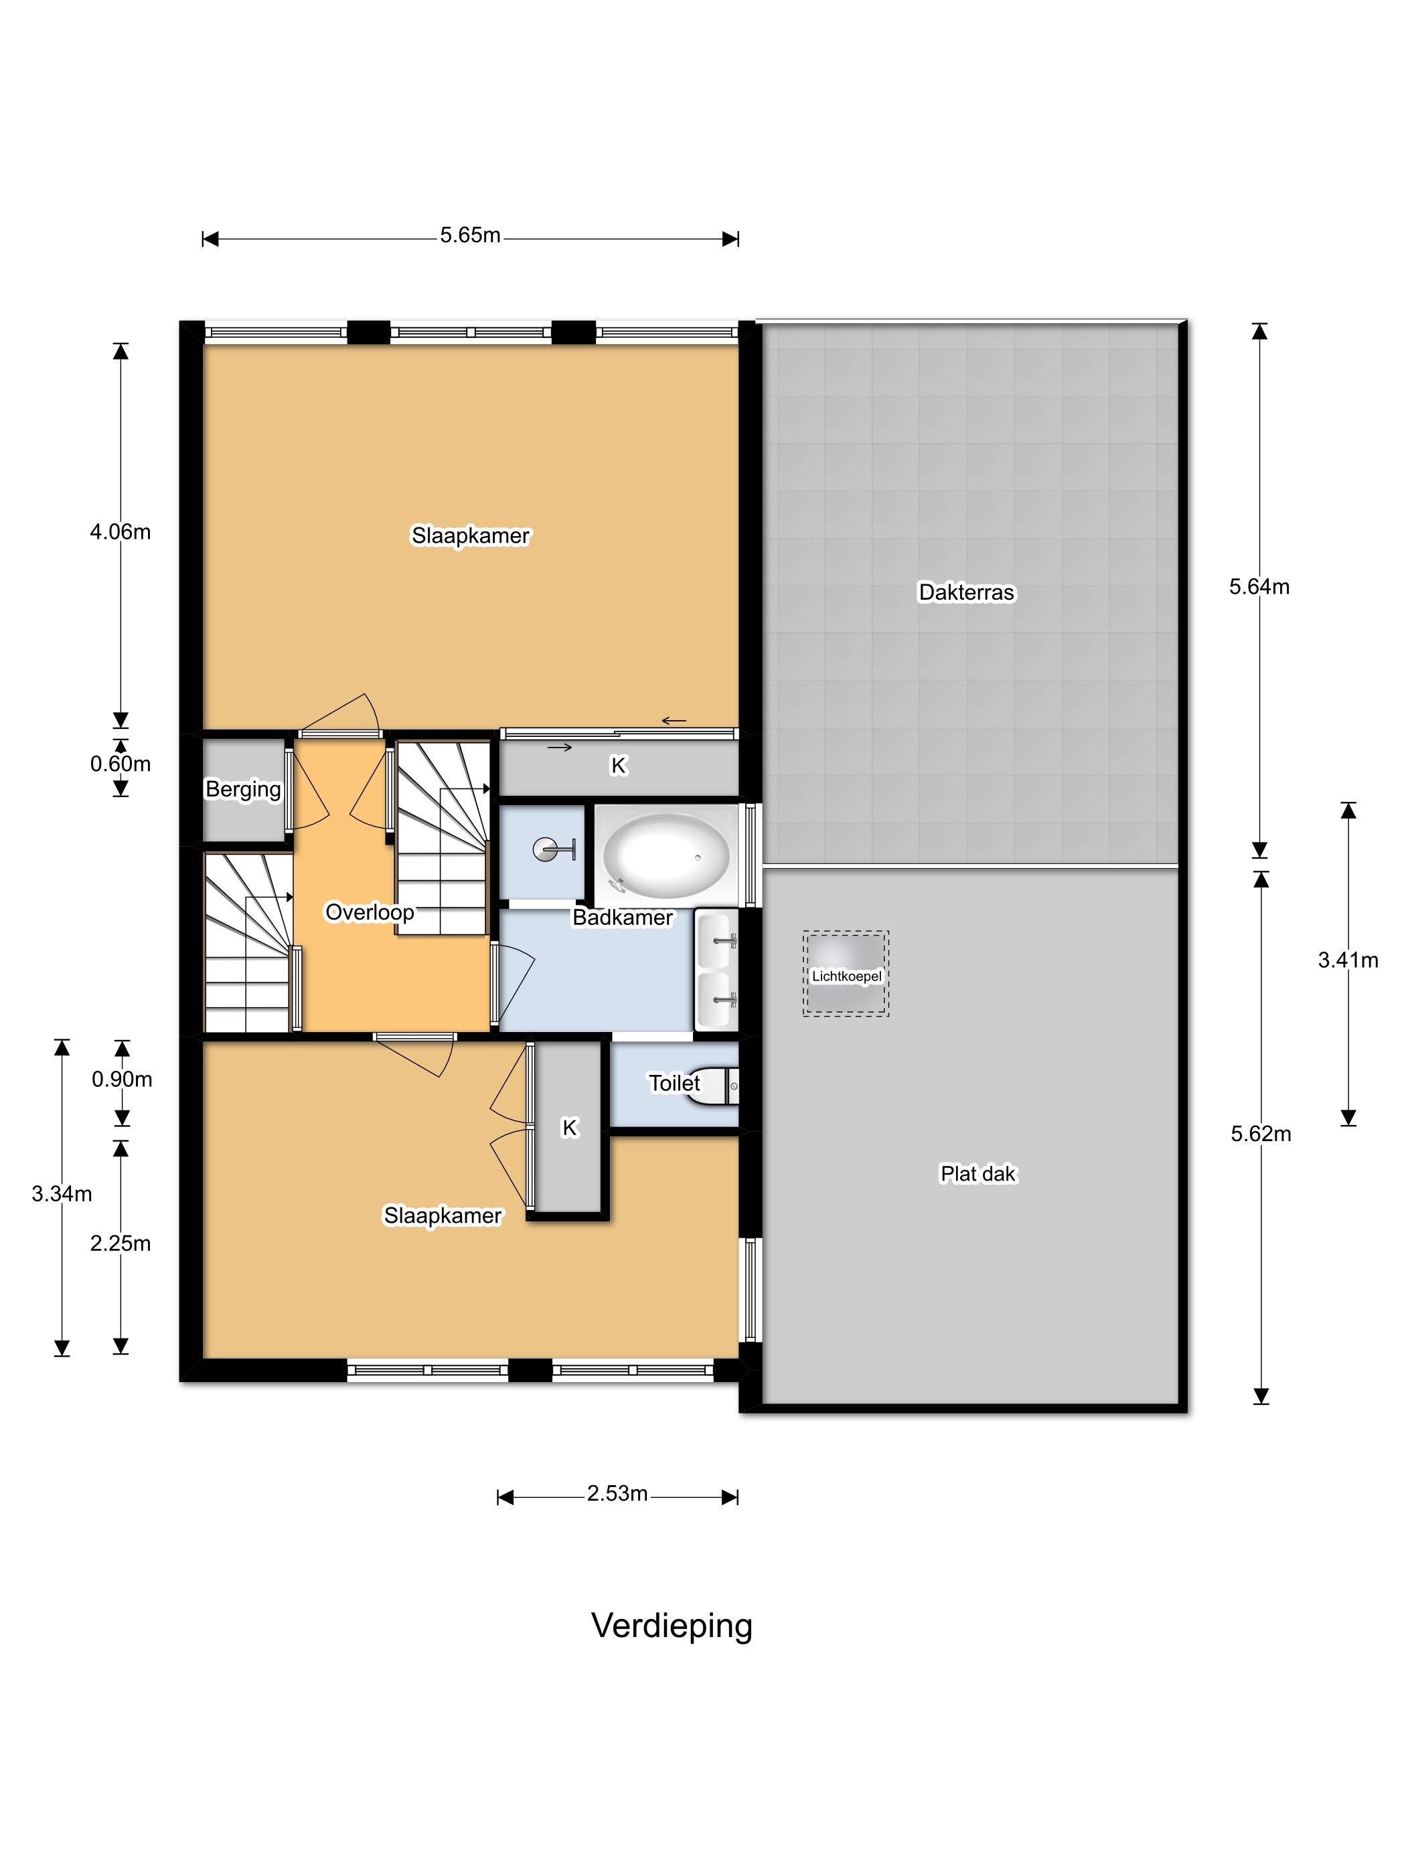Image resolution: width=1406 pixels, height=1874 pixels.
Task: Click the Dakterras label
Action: coord(966,592)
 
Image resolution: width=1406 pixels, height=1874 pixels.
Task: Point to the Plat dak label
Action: coord(978,1173)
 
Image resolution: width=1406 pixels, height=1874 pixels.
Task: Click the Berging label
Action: coord(243,790)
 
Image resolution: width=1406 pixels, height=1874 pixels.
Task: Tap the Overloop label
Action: coord(370,912)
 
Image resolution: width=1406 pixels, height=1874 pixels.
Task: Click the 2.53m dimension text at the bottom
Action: coord(617,1494)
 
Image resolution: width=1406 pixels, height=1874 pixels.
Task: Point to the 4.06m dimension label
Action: coord(121,532)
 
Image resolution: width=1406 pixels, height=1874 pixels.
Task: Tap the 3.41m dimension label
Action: coord(1348,960)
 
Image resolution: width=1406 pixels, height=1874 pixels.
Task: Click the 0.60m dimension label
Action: coord(121,764)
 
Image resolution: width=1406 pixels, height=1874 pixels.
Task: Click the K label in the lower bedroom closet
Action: coord(570,1128)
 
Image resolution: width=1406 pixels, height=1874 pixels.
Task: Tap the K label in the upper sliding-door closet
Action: coord(619,766)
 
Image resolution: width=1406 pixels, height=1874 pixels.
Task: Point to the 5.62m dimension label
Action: coord(1261,1134)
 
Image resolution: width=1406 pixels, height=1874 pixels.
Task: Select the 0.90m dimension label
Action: coord(122,1080)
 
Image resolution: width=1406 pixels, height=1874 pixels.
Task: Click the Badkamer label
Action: coord(623,917)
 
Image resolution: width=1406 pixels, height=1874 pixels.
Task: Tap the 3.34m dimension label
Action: coord(62,1194)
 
